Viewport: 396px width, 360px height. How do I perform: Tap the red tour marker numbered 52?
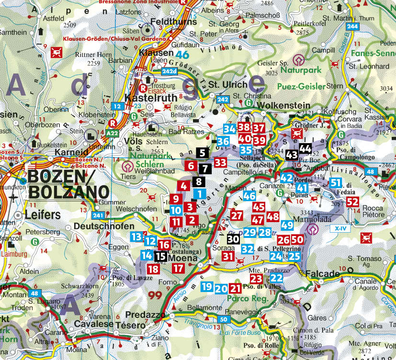coord(352,202)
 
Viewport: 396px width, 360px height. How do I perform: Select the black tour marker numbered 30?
coord(233,239)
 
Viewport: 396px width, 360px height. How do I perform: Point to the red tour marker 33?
coord(220,162)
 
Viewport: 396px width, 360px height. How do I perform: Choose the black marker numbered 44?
coord(305,148)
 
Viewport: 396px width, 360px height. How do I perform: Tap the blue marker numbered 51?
coord(336,182)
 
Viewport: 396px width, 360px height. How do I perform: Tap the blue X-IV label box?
coord(340,229)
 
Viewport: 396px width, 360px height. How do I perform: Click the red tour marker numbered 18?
coord(153,269)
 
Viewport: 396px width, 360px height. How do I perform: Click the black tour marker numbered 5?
coord(202,153)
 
